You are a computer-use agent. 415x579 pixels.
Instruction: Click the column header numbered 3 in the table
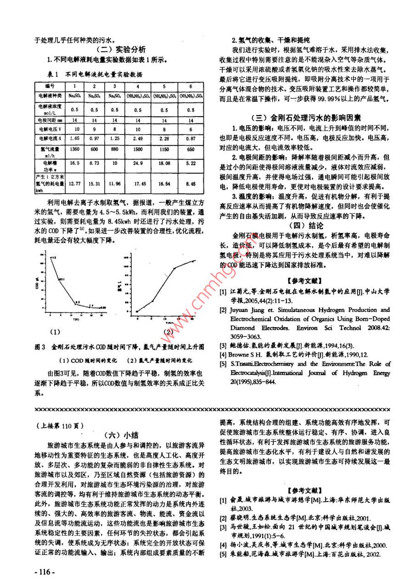[114, 86]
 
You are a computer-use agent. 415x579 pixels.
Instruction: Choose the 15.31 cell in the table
[94, 184]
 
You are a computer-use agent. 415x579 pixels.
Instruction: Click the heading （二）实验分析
[121, 50]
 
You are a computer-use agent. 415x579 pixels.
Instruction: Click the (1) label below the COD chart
[55, 331]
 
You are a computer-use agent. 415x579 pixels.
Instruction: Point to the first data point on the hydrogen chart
[137, 312]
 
